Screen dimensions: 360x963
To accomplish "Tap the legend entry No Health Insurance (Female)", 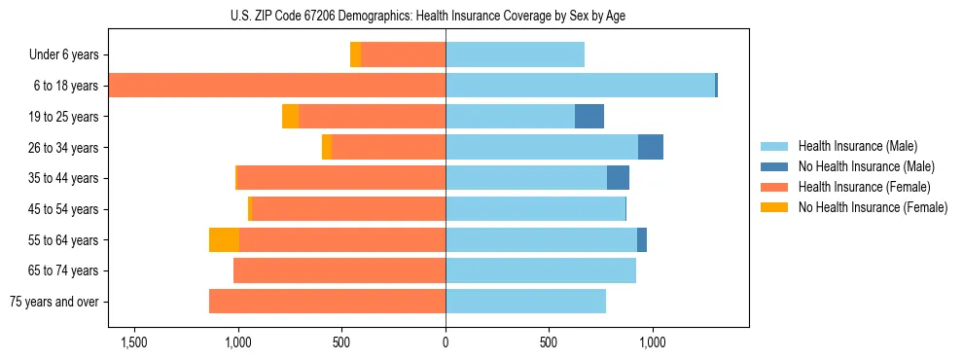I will (873, 207).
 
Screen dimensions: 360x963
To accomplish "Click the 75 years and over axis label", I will (53, 302).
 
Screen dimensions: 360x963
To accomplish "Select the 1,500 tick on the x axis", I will (133, 342).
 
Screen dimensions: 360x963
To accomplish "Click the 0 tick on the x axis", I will (446, 342).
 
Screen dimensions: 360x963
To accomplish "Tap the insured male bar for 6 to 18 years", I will (580, 86).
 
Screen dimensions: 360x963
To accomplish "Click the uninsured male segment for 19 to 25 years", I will (589, 117).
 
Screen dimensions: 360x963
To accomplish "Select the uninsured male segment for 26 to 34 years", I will (651, 147).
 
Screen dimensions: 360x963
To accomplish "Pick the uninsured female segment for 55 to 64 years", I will (224, 240).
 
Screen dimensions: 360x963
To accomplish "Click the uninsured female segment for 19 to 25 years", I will (290, 117).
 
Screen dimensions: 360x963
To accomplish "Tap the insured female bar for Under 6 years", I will (404, 55).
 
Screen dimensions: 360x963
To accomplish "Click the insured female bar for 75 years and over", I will (327, 302).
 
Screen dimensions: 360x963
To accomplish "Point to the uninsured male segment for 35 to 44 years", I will (618, 178).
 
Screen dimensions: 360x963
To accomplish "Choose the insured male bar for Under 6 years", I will (516, 55).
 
